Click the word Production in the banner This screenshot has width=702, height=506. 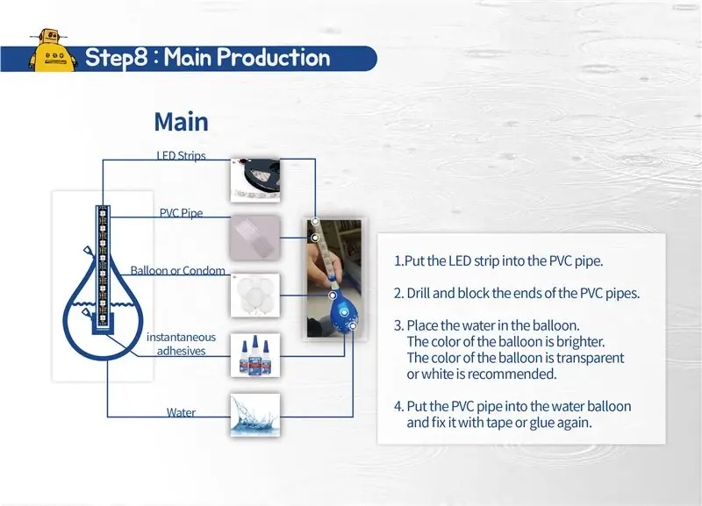click(274, 57)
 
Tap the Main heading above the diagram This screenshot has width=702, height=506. click(182, 122)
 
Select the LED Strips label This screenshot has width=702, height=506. click(182, 155)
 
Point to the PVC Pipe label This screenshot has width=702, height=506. click(182, 213)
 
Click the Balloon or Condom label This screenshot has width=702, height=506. click(178, 270)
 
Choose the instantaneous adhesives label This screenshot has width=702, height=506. click(181, 344)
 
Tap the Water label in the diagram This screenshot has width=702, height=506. click(181, 412)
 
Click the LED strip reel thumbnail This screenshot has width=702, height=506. click(255, 180)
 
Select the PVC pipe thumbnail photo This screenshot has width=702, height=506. click(255, 238)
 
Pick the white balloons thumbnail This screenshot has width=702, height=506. click(255, 296)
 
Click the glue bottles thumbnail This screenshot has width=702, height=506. click(255, 355)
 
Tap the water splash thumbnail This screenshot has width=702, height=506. click(255, 415)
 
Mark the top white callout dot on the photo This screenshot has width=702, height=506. click(315, 221)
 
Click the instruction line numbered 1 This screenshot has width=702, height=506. click(498, 260)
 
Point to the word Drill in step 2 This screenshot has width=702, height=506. click(419, 293)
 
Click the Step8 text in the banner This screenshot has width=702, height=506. click(116, 58)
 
